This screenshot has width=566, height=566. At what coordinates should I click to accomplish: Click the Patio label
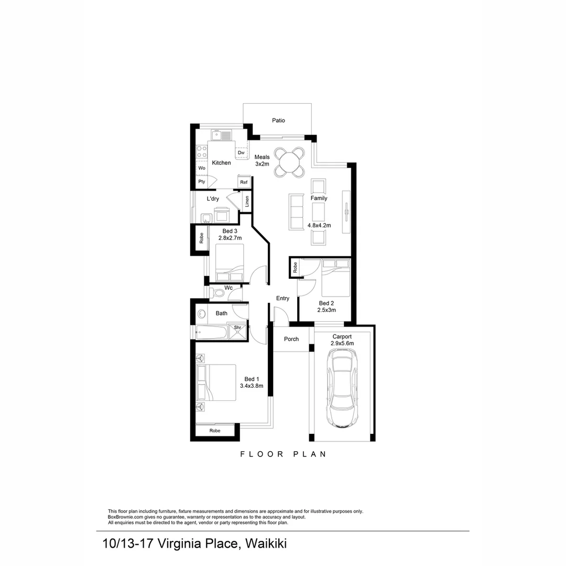click(x=278, y=121)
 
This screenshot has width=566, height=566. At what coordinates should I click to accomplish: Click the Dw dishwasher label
click(x=241, y=153)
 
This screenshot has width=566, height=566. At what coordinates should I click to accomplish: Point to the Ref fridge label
click(x=244, y=182)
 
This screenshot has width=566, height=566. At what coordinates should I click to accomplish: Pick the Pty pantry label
click(x=202, y=182)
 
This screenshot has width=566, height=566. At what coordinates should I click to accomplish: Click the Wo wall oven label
click(x=202, y=168)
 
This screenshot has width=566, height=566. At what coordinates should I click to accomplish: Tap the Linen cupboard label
click(x=247, y=201)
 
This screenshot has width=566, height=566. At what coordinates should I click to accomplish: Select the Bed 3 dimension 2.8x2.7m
click(x=230, y=238)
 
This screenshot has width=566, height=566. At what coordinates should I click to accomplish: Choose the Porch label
click(x=291, y=339)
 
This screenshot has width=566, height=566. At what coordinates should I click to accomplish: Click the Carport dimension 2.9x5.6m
click(x=342, y=343)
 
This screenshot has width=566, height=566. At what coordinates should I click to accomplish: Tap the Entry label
click(x=282, y=298)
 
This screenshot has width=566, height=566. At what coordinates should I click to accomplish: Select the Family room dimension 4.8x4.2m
click(x=319, y=225)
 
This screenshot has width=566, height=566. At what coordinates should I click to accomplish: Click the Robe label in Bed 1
click(x=215, y=430)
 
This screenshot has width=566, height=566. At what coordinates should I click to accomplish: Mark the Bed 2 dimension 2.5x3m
click(x=326, y=310)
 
